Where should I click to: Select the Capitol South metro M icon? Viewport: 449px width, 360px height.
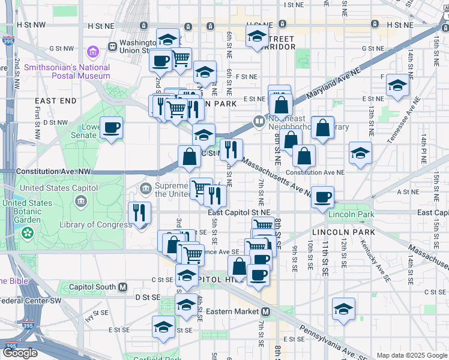coord(122,287)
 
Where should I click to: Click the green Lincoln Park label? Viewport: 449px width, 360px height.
coord(357,215)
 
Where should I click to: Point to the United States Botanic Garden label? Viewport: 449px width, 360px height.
coord(27,211)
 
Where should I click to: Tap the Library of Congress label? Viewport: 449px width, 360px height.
coord(95,225)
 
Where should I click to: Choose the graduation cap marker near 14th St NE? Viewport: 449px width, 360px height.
coord(397,85)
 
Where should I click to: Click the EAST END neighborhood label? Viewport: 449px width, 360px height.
coord(55,101)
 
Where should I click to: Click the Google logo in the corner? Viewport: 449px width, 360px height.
coord(20,353)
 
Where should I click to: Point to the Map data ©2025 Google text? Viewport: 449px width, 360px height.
coord(411,355)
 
